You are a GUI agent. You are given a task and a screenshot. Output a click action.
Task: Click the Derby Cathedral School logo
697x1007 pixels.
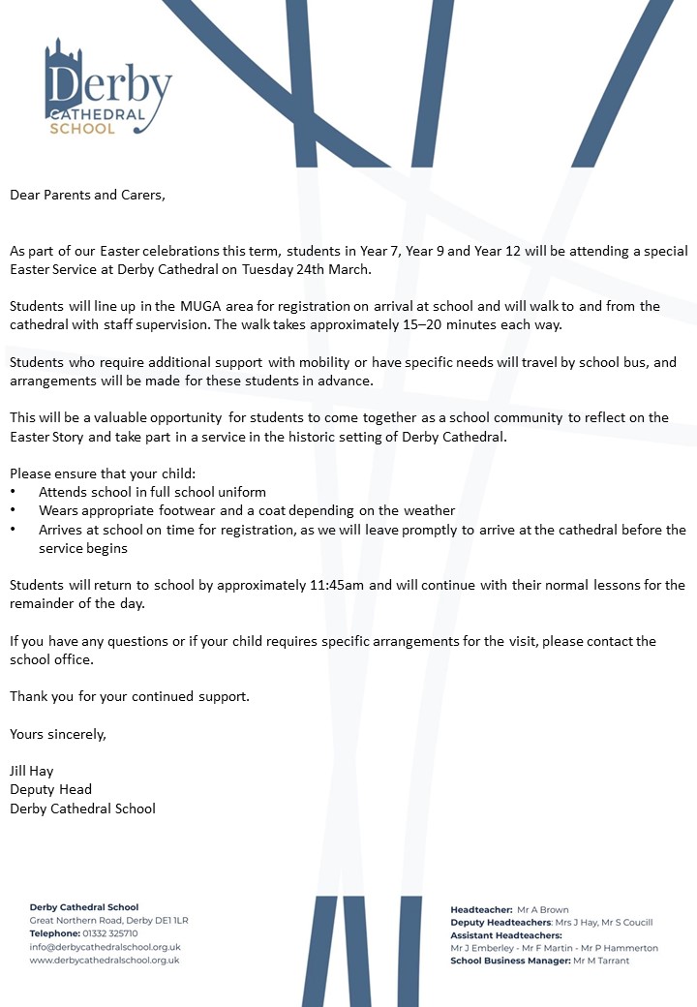(106, 88)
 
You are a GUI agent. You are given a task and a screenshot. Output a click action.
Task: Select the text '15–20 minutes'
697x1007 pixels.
(436, 324)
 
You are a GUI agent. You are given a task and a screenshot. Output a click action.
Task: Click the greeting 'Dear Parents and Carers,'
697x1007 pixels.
(88, 195)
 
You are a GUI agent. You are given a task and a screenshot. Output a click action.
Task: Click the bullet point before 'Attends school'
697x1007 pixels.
(14, 493)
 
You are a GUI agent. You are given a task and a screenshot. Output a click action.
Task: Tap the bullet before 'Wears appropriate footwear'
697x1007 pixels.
(14, 511)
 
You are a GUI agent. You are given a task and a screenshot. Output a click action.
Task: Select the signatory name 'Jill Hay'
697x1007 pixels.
(32, 772)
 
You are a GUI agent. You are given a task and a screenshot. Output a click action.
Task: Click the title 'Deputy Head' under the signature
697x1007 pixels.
(50, 790)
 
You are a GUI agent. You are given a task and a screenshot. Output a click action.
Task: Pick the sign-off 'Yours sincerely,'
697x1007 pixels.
(58, 734)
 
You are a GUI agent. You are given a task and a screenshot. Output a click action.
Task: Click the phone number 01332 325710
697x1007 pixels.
(110, 933)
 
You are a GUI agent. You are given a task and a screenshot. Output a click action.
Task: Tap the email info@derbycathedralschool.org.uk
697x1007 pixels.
(105, 947)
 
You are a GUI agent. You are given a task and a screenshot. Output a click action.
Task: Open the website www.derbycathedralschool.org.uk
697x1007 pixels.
(105, 961)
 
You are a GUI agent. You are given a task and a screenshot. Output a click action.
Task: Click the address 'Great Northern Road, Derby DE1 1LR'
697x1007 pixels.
(108, 920)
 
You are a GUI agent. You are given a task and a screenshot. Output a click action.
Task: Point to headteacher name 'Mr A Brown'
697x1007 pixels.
(543, 910)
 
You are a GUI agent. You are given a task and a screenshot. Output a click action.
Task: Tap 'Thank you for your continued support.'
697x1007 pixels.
(130, 696)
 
